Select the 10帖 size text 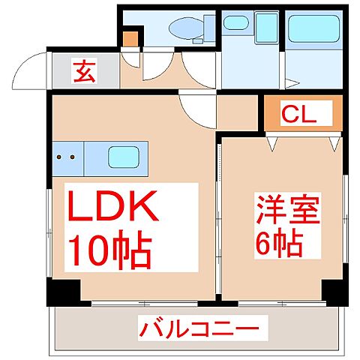[111, 250]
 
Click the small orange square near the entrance [131, 37]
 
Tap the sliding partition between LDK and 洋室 [218, 217]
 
